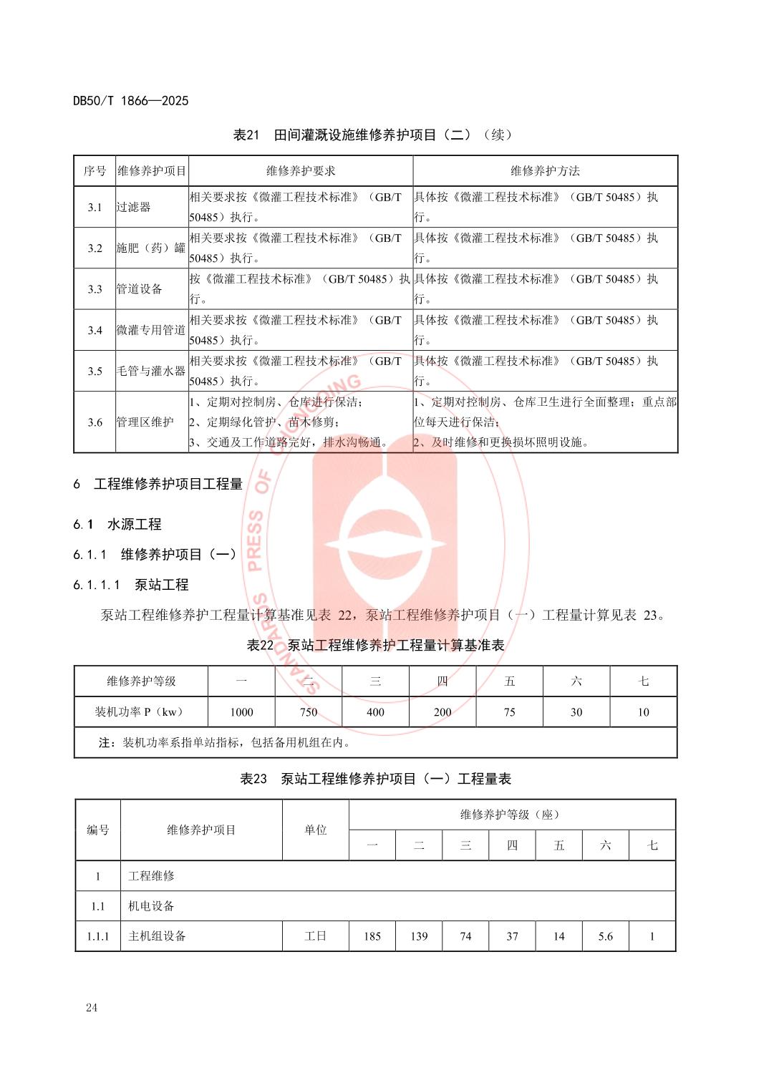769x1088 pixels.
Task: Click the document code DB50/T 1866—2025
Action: pyautogui.click(x=131, y=101)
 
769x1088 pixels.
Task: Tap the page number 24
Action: pyautogui.click(x=92, y=1008)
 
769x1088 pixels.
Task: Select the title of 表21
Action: pyautogui.click(x=373, y=135)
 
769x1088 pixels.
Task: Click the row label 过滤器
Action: pyautogui.click(x=134, y=207)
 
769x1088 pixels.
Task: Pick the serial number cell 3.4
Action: pyautogui.click(x=95, y=330)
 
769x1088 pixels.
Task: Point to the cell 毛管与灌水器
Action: pyautogui.click(x=151, y=371)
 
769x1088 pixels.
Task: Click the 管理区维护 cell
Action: pyautogui.click(x=145, y=422)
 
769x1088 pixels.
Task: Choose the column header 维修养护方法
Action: pyautogui.click(x=545, y=170)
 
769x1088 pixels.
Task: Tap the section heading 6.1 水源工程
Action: pyautogui.click(x=117, y=524)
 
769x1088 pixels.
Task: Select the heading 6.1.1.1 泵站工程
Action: pyautogui.click(x=131, y=584)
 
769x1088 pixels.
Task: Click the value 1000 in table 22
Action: pyautogui.click(x=241, y=711)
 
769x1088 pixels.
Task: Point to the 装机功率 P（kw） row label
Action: pyautogui.click(x=140, y=711)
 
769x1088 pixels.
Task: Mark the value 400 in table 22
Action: pyautogui.click(x=375, y=711)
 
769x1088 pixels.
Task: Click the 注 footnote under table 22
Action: pyautogui.click(x=225, y=742)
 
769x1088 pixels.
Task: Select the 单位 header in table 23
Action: pyautogui.click(x=315, y=830)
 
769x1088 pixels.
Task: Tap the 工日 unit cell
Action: pyautogui.click(x=315, y=936)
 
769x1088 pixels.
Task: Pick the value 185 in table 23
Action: pyautogui.click(x=372, y=936)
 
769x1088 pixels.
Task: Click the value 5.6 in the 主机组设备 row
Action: pyautogui.click(x=605, y=936)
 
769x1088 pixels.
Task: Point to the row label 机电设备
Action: pyautogui.click(x=151, y=905)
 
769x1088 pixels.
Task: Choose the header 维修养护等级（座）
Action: pyautogui.click(x=511, y=815)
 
